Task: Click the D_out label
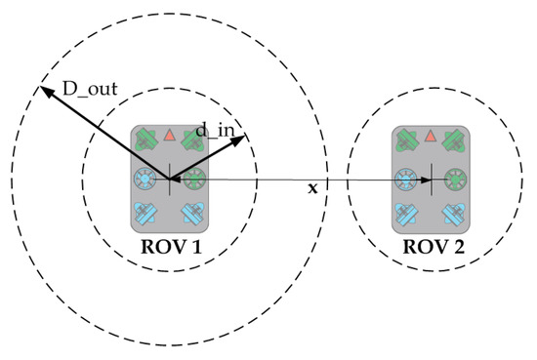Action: click(91, 91)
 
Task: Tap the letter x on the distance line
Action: click(312, 187)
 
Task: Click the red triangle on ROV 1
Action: click(169, 135)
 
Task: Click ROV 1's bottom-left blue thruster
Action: click(146, 213)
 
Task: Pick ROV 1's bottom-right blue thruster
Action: click(192, 213)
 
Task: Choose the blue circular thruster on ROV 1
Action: click(145, 180)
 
